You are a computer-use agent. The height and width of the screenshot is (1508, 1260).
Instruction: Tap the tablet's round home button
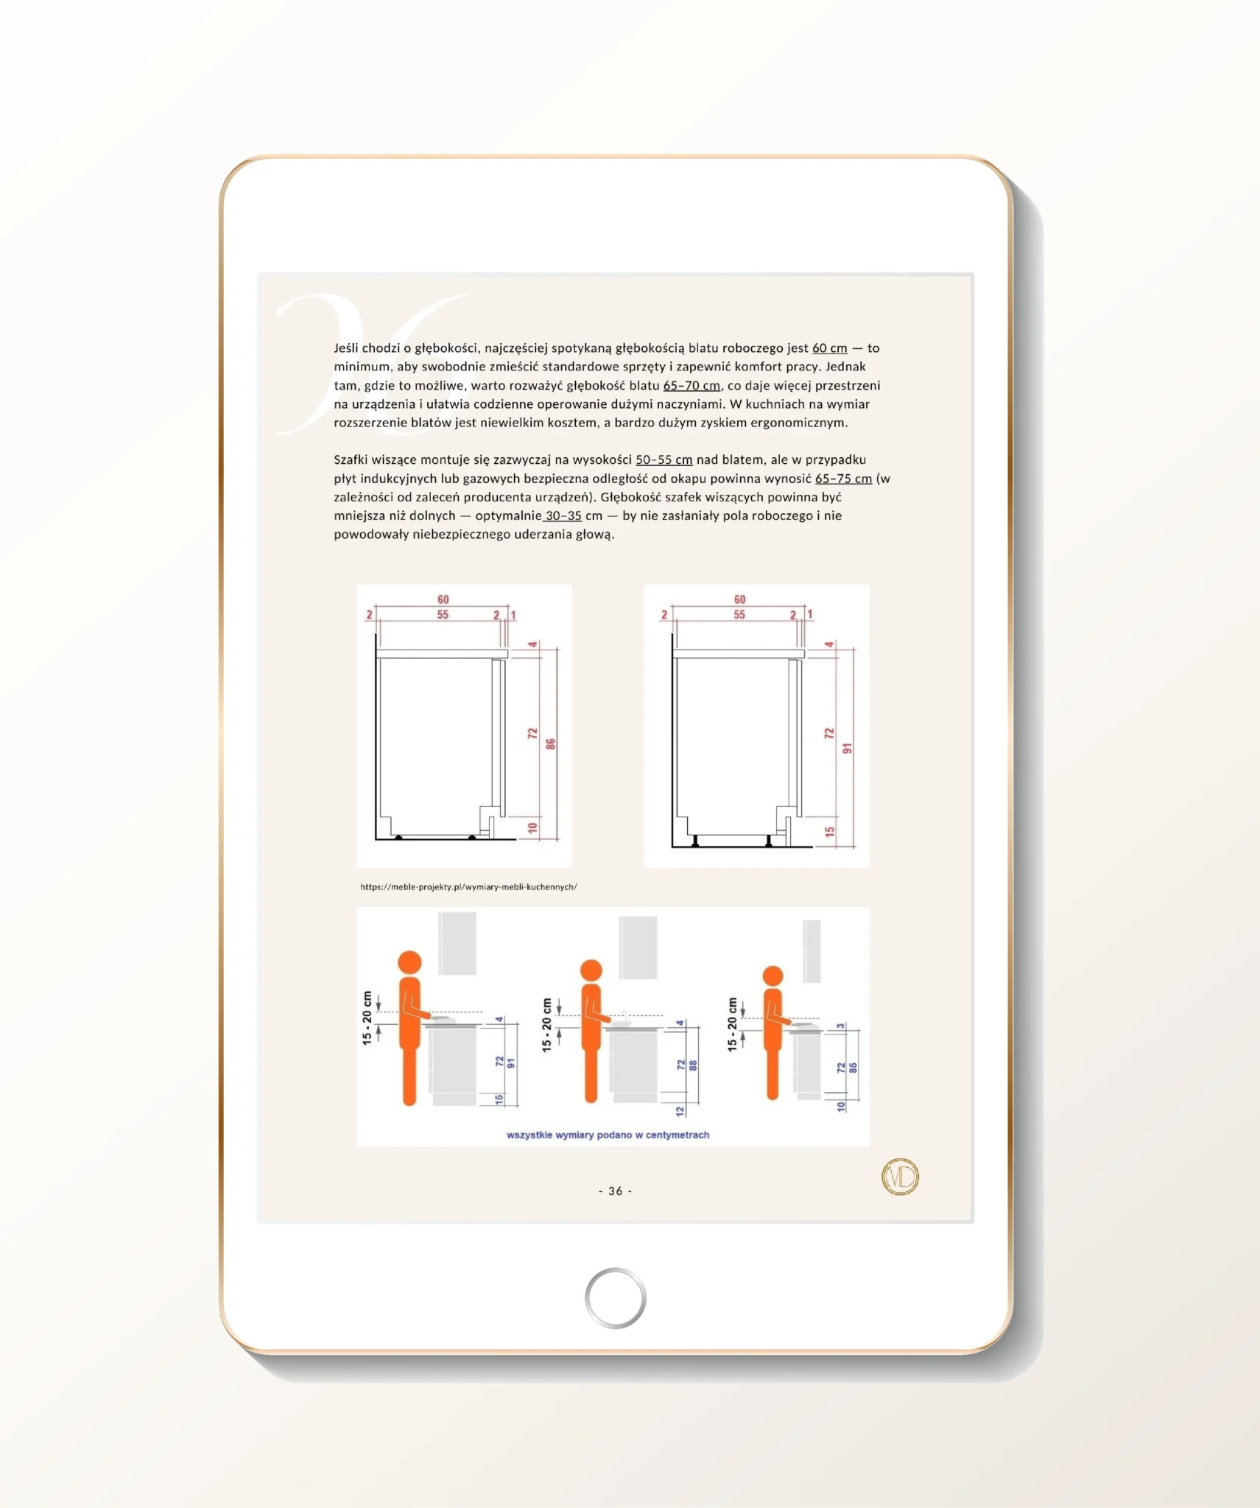pos(615,1297)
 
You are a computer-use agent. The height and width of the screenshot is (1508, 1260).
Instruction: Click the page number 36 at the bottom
pos(615,1191)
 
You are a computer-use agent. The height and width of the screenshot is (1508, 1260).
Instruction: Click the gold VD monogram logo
pos(900,1176)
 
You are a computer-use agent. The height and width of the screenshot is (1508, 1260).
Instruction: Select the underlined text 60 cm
pos(829,348)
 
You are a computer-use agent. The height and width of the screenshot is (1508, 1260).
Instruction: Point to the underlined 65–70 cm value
pos(691,386)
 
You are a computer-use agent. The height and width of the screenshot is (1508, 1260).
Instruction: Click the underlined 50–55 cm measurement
pos(664,460)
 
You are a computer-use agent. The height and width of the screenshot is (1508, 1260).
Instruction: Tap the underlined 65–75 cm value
pos(843,479)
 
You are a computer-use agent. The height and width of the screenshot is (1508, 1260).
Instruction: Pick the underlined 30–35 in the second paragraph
pos(563,516)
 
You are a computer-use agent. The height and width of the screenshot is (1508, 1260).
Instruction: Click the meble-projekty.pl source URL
pos(468,887)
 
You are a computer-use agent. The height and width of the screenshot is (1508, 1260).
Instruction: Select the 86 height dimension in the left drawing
pos(550,744)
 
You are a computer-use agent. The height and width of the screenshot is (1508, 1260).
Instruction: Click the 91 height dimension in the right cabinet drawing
pos(847,748)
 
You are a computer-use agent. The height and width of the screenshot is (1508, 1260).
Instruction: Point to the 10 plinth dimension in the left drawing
pos(532,828)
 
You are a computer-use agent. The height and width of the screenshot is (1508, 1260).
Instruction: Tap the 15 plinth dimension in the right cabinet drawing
pos(829,831)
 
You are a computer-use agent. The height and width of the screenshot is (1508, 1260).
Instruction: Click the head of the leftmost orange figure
pos(409,962)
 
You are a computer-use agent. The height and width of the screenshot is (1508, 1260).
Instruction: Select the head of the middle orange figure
pos(591,970)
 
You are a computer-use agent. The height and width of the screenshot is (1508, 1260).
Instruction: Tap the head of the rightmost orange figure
pos(772,976)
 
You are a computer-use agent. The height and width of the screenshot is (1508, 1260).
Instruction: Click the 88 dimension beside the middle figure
pos(693,1065)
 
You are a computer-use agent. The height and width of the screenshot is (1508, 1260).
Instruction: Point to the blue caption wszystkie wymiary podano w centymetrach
pos(608,1135)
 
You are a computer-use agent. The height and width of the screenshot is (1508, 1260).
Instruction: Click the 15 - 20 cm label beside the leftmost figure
pos(367,1018)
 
